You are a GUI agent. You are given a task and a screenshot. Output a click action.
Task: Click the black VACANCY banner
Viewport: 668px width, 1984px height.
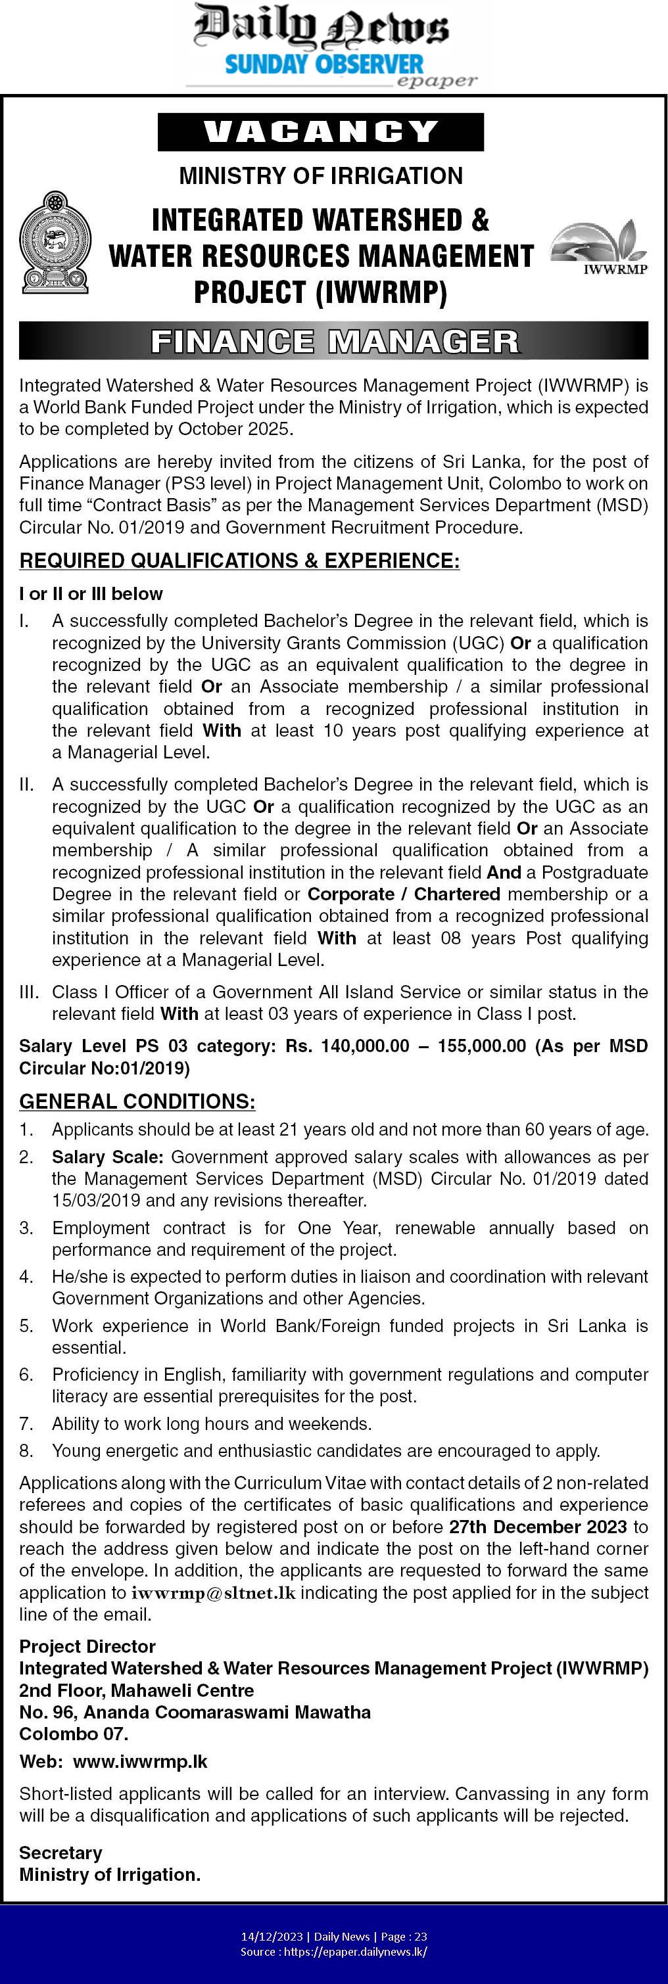[320, 131]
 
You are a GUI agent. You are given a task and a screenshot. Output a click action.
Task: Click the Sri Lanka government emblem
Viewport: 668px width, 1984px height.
[55, 242]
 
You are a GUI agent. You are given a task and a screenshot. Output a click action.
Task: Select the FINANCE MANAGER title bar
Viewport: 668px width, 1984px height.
[333, 341]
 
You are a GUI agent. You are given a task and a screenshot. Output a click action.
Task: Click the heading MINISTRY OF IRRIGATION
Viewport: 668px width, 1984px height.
[320, 176]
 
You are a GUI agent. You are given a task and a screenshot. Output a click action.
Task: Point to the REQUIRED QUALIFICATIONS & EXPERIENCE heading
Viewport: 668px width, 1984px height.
[239, 561]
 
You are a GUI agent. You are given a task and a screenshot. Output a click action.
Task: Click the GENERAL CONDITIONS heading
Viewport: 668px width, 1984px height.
[137, 1101]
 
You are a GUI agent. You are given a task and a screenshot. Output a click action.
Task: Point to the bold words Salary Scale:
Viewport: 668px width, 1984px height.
[108, 1157]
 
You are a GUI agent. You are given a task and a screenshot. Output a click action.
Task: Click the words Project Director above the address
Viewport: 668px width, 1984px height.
[87, 1646]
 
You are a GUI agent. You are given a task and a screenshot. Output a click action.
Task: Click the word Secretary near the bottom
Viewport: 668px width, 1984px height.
[60, 1853]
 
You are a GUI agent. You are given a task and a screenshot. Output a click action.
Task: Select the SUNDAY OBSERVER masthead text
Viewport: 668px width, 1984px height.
[323, 64]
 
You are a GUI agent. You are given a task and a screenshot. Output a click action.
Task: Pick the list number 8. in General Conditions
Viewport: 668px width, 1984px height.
[26, 1451]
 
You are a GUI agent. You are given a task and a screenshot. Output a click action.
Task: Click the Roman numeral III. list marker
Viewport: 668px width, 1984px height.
[30, 992]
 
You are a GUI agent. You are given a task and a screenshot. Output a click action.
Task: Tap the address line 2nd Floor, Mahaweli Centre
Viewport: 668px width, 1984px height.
[136, 1690]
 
